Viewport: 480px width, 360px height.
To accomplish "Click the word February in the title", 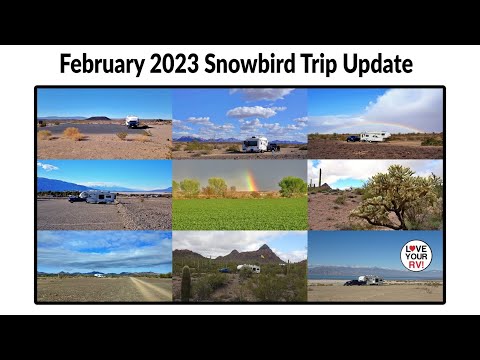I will click(x=101, y=66).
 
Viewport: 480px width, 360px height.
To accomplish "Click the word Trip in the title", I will click(x=329, y=66).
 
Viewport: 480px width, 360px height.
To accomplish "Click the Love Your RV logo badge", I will click(x=416, y=256).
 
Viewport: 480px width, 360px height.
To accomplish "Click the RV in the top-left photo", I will click(x=132, y=122).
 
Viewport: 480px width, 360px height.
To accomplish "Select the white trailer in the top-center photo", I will click(x=256, y=144).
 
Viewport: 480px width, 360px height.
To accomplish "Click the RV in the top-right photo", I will click(x=375, y=137).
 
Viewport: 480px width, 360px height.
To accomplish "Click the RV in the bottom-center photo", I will click(x=249, y=268).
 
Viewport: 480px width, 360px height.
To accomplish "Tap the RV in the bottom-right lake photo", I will click(x=370, y=280).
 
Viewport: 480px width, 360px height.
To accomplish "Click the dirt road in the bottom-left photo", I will click(x=150, y=289).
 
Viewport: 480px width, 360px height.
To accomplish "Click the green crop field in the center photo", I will click(x=240, y=212).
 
